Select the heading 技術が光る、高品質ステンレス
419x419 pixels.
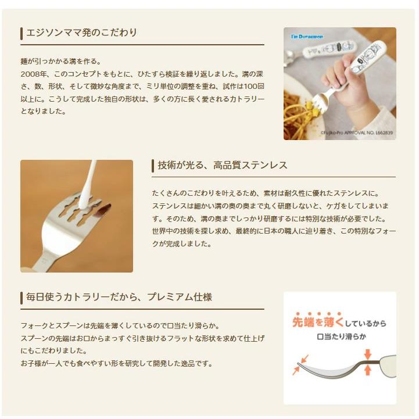[223, 165]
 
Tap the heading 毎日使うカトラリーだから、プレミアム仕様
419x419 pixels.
[119, 297]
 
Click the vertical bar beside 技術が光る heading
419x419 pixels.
[152, 166]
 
